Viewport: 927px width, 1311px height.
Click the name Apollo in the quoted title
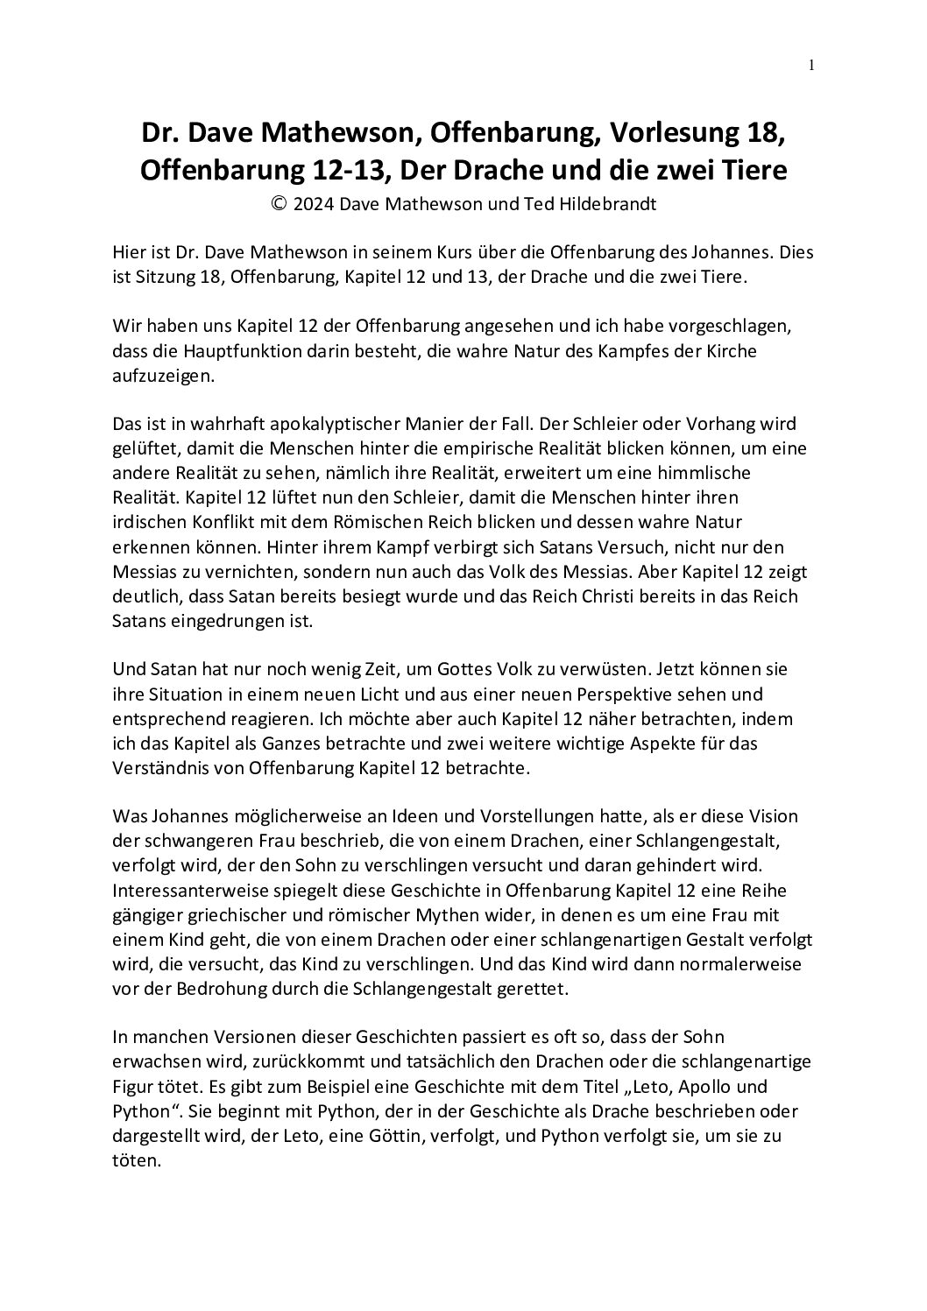[689, 1087]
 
